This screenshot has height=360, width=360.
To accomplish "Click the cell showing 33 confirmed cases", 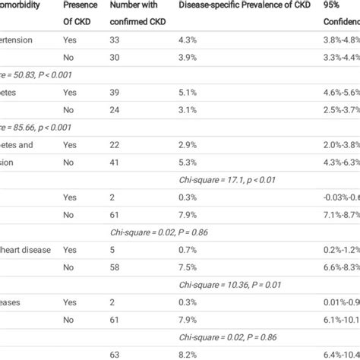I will click(116, 39).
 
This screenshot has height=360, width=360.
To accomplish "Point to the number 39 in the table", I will click(116, 92).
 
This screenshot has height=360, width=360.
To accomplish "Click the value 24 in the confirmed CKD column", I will click(116, 109).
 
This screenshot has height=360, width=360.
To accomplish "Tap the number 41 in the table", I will click(116, 162).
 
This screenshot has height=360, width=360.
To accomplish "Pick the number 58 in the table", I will click(116, 267).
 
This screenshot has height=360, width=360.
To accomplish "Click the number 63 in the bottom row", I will click(116, 354).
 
